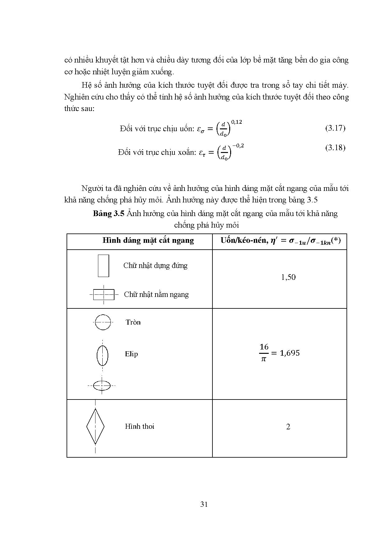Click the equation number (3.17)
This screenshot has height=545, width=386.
pyautogui.click(x=335, y=128)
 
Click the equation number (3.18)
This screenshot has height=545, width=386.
pyautogui.click(x=335, y=147)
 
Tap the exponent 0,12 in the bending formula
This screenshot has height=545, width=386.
pyautogui.click(x=236, y=122)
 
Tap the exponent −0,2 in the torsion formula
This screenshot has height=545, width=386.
pyautogui.click(x=237, y=145)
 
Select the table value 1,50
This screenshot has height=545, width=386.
pyautogui.click(x=288, y=277)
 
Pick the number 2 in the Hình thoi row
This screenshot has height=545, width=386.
pyautogui.click(x=288, y=427)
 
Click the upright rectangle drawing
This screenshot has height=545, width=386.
pyautogui.click(x=103, y=266)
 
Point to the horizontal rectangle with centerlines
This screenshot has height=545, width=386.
pyautogui.click(x=104, y=294)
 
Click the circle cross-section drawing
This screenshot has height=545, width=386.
pyautogui.click(x=103, y=322)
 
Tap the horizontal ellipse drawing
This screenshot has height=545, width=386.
pyautogui.click(x=102, y=386)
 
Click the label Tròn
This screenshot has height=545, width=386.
pyautogui.click(x=133, y=322)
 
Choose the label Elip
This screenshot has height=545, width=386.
pyautogui.click(x=131, y=354)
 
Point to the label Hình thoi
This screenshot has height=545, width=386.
pyautogui.click(x=139, y=427)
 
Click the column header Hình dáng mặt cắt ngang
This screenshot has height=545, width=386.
pyautogui.click(x=148, y=240)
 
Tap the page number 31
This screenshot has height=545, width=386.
pyautogui.click(x=204, y=504)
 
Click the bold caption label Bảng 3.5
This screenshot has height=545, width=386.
pyautogui.click(x=109, y=214)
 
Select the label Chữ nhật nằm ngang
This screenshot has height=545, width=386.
pyautogui.click(x=156, y=294)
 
